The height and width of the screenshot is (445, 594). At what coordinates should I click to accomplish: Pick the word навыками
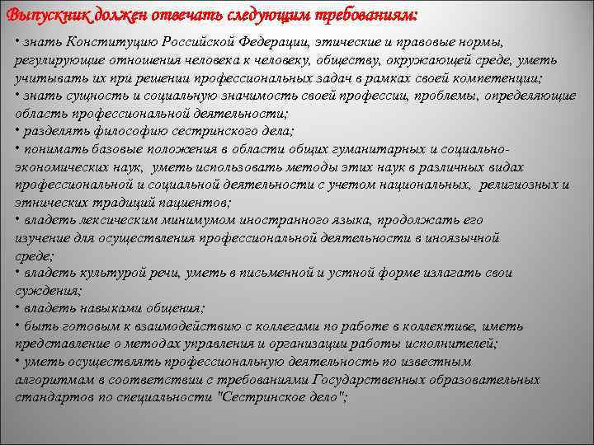pyautogui.click(x=104, y=308)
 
